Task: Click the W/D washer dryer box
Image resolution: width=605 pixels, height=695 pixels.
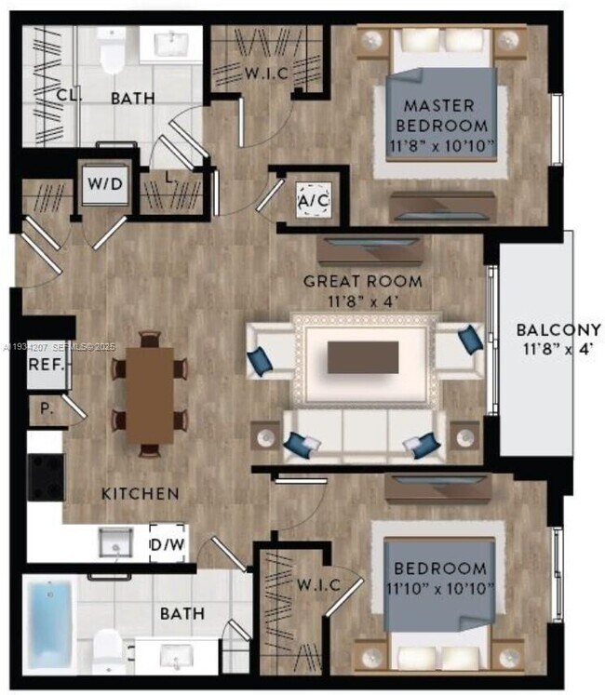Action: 104,184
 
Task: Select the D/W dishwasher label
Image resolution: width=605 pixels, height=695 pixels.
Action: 167,543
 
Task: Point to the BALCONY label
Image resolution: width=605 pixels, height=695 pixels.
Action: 558,330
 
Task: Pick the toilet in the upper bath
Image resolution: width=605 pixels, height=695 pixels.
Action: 113,52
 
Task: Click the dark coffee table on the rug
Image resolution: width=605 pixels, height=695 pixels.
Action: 362,356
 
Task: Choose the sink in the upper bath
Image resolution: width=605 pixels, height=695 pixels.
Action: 173,43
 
